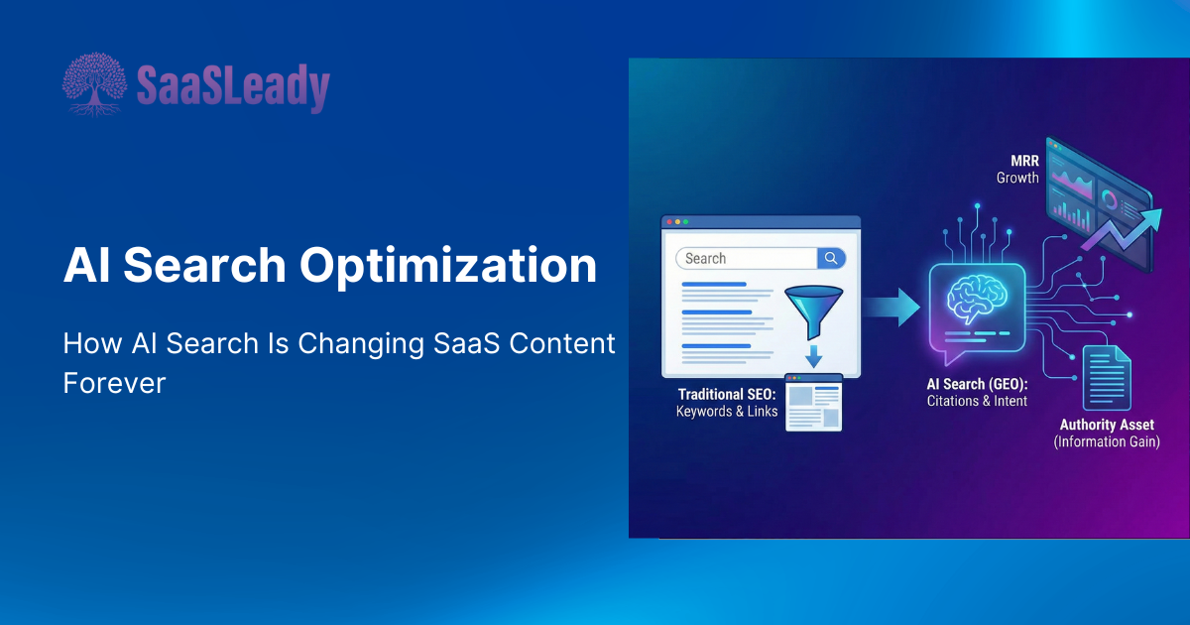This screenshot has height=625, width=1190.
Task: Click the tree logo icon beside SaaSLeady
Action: tap(94, 84)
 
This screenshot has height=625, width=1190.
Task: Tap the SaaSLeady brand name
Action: tap(233, 87)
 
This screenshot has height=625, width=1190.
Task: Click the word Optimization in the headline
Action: tap(448, 265)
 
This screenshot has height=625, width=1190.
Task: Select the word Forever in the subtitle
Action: tap(114, 383)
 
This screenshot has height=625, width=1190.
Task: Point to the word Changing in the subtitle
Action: tap(361, 344)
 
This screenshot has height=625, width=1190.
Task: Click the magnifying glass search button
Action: tap(831, 258)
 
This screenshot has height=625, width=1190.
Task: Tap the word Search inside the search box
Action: tap(705, 258)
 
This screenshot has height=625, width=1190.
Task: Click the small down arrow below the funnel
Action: tap(813, 356)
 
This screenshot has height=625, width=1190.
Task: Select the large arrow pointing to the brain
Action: tap(892, 308)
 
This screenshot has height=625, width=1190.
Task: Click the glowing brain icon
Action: tap(977, 299)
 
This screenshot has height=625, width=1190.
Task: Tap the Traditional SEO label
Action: tap(727, 395)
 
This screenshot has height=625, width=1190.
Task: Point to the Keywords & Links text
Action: tap(727, 412)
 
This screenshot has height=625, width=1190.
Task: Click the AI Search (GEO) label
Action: tap(977, 384)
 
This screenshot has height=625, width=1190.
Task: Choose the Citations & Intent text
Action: tap(977, 401)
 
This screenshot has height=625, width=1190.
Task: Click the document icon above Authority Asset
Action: tap(1107, 378)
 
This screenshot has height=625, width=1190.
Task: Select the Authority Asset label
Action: tap(1107, 425)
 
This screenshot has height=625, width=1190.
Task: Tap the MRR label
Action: tap(1024, 161)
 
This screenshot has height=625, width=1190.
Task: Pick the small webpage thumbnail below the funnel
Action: tap(813, 403)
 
